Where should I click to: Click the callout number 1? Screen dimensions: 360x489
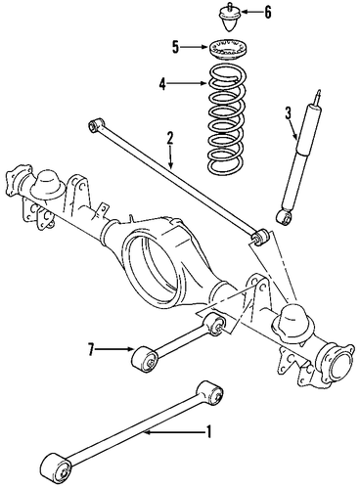coord(208,432)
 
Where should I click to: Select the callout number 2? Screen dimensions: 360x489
coord(170,139)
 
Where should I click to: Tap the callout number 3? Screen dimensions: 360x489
coord(289,113)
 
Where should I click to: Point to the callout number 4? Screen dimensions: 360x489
coord(162,84)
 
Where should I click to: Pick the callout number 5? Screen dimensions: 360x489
coord(175,48)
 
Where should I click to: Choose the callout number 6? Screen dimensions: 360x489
coord(267,13)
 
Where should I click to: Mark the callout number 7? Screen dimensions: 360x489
coord(91,349)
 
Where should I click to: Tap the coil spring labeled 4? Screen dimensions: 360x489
coord(227,119)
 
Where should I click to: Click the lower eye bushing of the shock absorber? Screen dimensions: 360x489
coord(285,217)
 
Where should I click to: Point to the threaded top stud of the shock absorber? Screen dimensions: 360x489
coord(317,96)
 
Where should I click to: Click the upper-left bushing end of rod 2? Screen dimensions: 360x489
coord(96,125)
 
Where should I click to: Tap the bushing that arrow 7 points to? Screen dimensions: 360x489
coord(145,359)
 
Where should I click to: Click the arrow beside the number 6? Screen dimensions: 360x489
coord(251,13)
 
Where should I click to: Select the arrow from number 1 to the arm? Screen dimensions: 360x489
coord(174,432)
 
